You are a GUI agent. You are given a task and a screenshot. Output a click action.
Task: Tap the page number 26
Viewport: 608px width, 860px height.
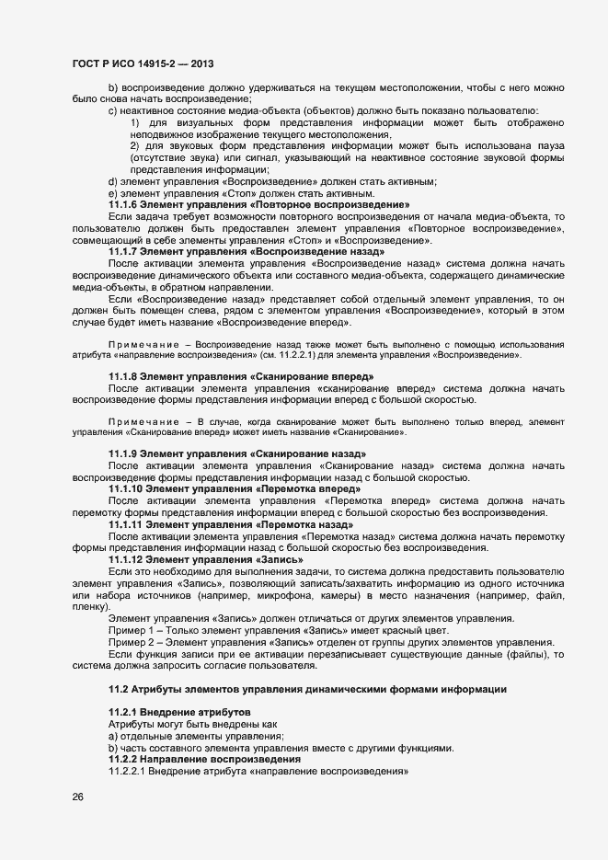coord(77,797)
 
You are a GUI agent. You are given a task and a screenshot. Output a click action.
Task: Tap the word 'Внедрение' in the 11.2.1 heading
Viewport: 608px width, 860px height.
coord(172,714)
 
